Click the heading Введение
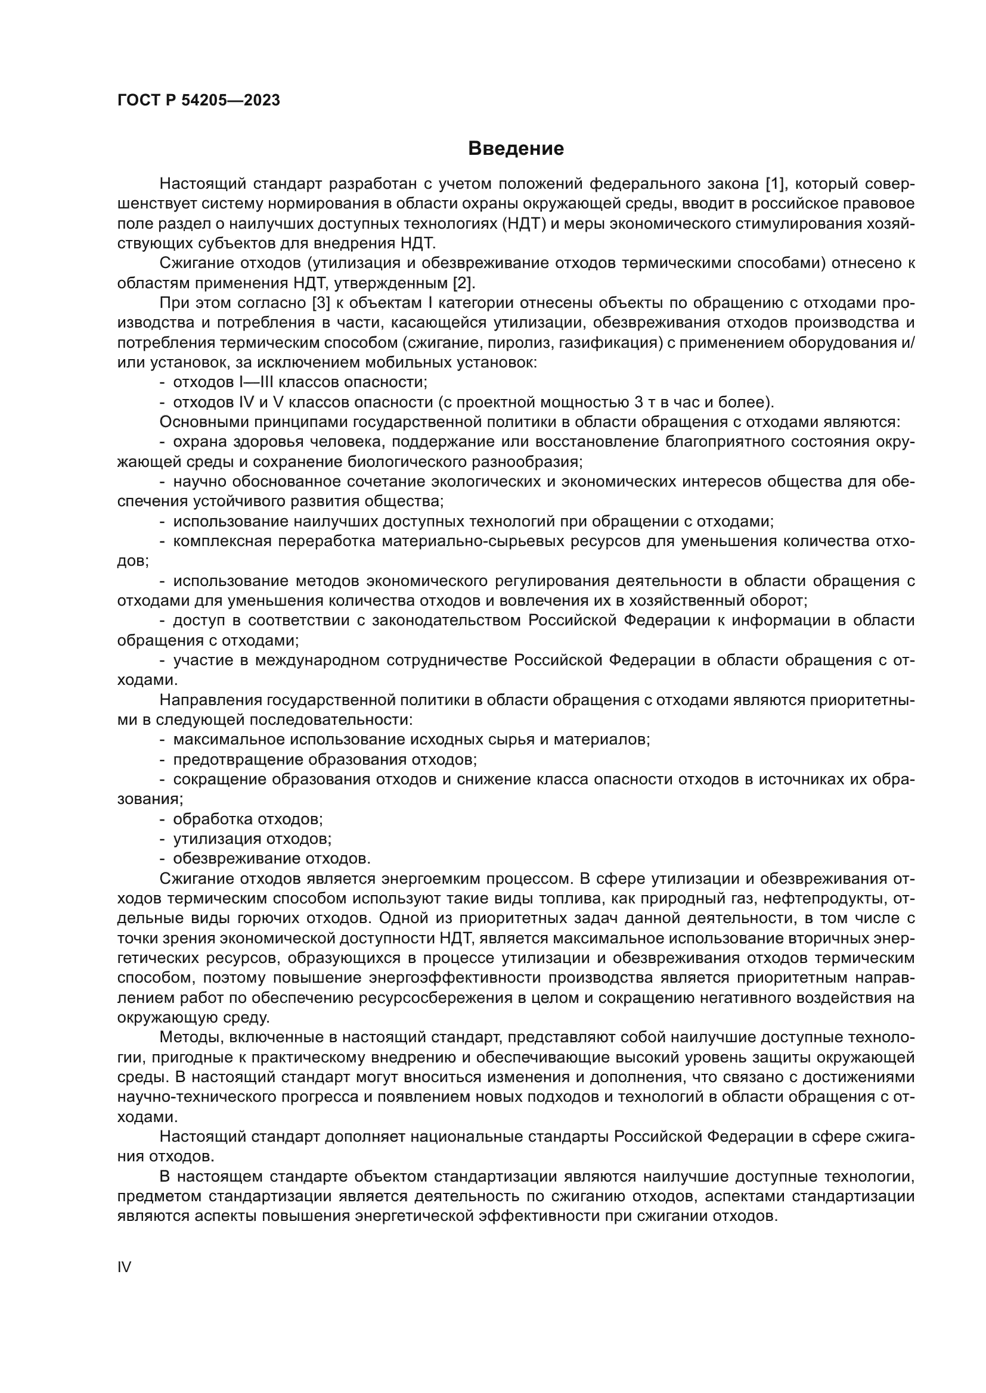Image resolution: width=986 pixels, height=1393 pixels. (516, 149)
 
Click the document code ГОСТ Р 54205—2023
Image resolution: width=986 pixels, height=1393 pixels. (199, 101)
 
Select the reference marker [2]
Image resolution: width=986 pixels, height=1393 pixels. (464, 283)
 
